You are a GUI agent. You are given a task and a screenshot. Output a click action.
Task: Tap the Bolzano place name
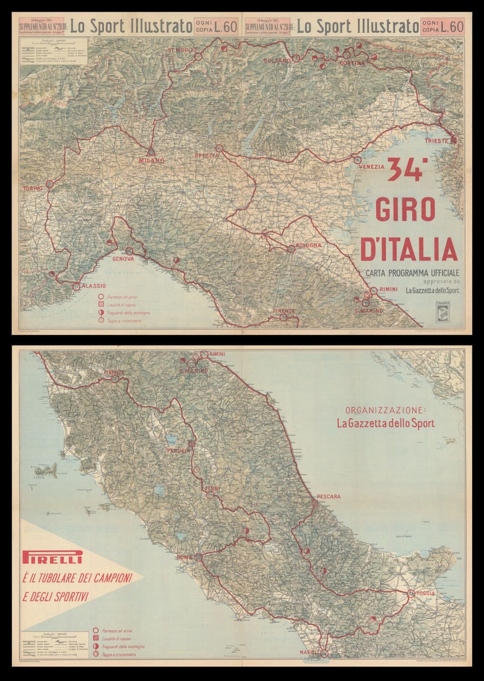point(277,61)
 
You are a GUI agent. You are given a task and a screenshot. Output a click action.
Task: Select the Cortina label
point(352,63)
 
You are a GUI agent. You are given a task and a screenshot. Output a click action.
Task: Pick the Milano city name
point(152,161)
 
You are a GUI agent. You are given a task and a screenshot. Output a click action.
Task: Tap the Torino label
point(32,188)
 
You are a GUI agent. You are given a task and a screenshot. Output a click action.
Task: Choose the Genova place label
point(123,259)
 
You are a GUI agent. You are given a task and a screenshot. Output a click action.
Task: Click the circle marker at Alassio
point(76,287)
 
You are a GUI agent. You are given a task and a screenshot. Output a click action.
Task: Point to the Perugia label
point(178,451)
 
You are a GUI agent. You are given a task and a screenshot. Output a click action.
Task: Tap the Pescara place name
point(328,497)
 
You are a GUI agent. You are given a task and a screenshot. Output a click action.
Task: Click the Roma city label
point(184,557)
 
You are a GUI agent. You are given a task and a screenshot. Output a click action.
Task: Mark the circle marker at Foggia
point(411,593)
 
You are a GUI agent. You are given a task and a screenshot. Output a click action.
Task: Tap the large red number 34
point(407,170)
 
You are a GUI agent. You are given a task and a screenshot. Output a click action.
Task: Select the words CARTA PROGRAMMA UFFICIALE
point(412,273)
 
